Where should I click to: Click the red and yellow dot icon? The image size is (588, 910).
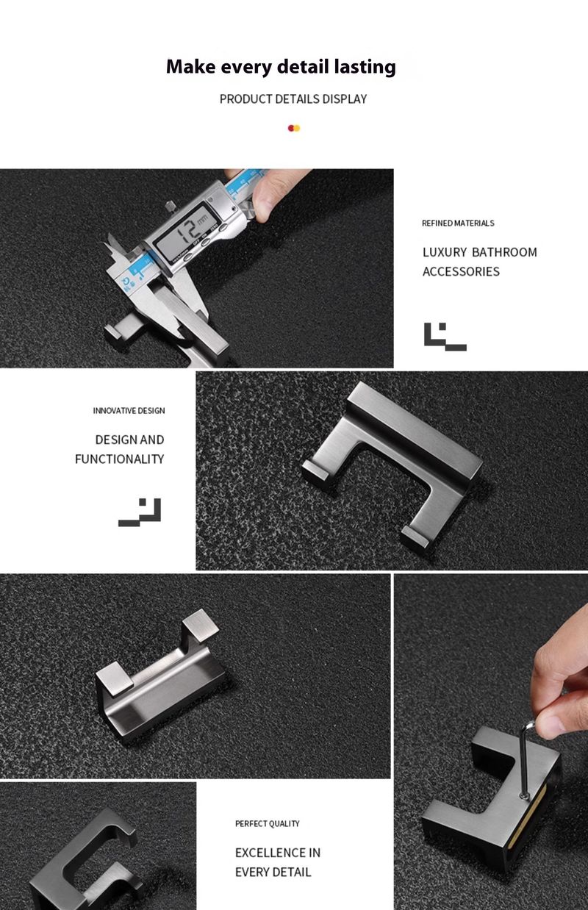294,129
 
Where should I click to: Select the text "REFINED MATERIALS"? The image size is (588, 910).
458,223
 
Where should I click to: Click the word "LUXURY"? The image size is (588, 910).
445,252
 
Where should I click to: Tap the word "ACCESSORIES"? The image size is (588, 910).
461,271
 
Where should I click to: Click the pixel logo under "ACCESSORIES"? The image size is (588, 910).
445,337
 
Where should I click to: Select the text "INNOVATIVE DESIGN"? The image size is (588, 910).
129,411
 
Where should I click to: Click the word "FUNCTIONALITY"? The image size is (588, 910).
120,459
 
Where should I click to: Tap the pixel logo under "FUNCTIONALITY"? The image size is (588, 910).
140,512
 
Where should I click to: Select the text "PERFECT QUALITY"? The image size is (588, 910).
268,823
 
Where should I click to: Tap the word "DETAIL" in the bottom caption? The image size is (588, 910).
293,872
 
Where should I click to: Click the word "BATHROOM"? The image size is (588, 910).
504,252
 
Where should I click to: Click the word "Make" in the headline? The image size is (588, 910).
191,66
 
